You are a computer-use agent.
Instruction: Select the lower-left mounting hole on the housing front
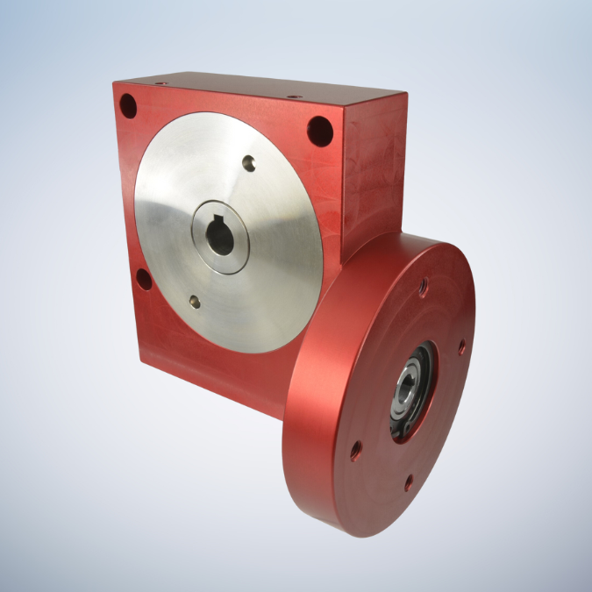click(142, 280)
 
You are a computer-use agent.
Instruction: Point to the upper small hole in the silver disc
click(250, 162)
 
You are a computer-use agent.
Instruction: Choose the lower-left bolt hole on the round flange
click(356, 453)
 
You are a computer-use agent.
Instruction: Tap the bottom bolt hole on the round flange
click(408, 481)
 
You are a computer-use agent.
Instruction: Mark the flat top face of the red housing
click(263, 89)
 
